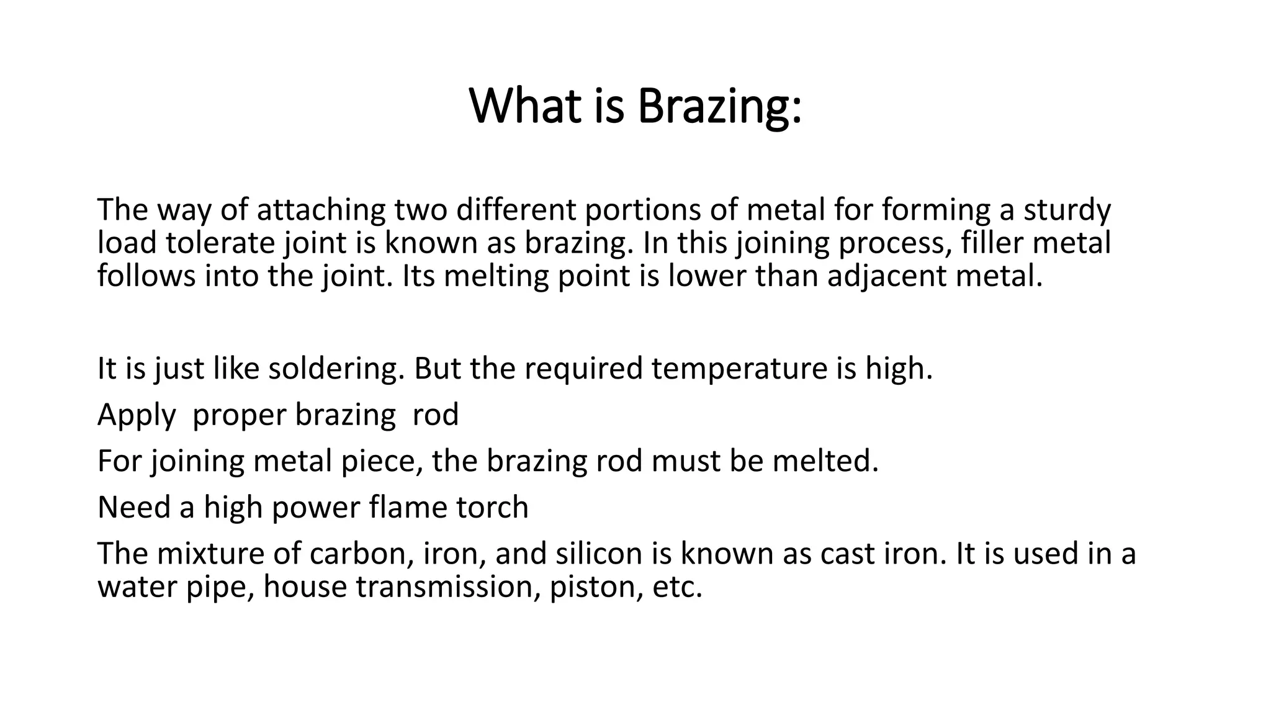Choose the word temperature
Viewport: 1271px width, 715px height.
pyautogui.click(x=739, y=369)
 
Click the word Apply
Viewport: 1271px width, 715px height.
pyautogui.click(x=137, y=415)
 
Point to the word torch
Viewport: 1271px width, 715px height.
pyautogui.click(x=492, y=507)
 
